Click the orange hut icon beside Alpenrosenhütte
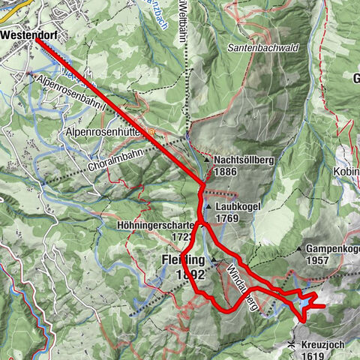[151, 131]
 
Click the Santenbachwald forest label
[258, 47]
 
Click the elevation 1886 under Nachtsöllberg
[226, 172]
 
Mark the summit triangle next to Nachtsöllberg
[206, 160]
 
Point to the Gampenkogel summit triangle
[298, 248]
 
